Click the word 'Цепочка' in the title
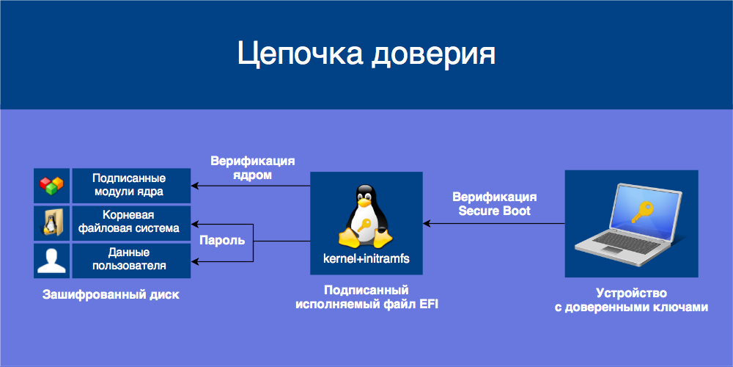(x=300, y=55)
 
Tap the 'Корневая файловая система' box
(x=130, y=222)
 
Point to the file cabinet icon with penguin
(x=52, y=223)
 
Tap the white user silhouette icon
(x=52, y=260)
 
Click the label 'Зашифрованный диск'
(x=111, y=295)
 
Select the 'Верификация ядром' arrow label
(x=253, y=168)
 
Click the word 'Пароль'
(x=222, y=241)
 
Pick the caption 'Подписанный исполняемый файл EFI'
(x=366, y=297)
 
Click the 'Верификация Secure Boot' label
(x=495, y=204)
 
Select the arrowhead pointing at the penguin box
(x=427, y=223)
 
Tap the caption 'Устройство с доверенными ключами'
(x=631, y=300)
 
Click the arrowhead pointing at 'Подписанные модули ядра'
(x=195, y=186)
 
